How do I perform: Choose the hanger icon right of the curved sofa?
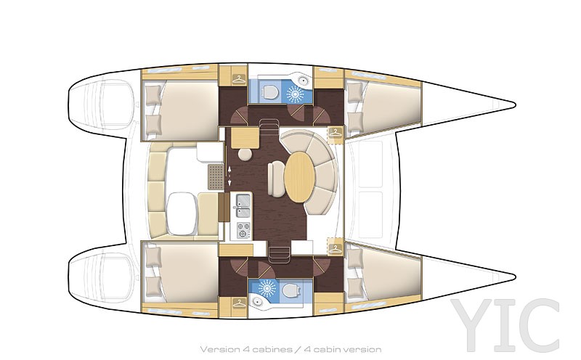coord(335,132)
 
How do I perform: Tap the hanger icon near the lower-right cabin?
coord(335,247)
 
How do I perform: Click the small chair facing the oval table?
coord(275,179)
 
